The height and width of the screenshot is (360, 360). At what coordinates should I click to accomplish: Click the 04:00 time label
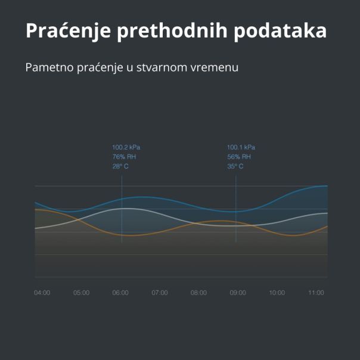pyautogui.click(x=42, y=293)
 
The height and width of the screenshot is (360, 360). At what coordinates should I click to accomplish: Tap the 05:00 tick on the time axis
pyautogui.click(x=81, y=293)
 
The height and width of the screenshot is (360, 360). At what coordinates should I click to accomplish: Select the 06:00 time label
pyautogui.click(x=120, y=293)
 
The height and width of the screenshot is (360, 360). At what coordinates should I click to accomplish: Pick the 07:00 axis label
pyautogui.click(x=160, y=293)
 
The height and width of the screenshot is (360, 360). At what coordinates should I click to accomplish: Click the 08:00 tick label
pyautogui.click(x=198, y=293)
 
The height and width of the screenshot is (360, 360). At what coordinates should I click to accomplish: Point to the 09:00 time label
pyautogui.click(x=238, y=293)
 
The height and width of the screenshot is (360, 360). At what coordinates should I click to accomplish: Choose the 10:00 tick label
pyautogui.click(x=277, y=293)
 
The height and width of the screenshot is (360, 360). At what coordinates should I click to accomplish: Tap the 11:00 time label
pyautogui.click(x=316, y=293)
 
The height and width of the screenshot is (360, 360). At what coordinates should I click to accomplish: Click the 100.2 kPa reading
pyautogui.click(x=126, y=147)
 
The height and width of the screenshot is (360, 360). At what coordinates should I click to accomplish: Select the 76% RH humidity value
pyautogui.click(x=125, y=157)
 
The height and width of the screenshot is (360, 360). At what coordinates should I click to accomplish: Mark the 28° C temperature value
pyautogui.click(x=120, y=166)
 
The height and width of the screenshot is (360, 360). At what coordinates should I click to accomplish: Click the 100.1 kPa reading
pyautogui.click(x=241, y=147)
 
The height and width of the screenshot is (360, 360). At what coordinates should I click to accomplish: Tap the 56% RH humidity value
pyautogui.click(x=239, y=157)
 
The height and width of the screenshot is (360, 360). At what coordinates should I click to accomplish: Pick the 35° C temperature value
pyautogui.click(x=235, y=166)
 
